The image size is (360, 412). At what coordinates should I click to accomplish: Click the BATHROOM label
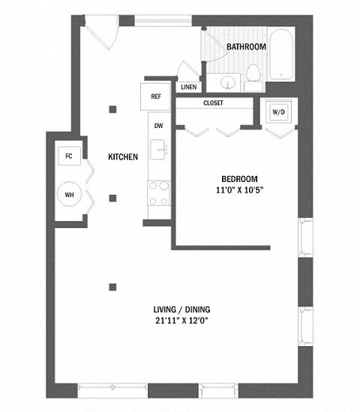247,46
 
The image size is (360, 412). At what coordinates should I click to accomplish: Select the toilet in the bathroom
253,73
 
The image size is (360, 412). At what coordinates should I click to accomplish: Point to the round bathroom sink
229,80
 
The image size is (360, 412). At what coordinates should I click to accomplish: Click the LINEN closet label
188,87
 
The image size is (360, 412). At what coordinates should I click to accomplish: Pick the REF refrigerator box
156,96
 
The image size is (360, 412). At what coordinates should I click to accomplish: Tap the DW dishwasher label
158,126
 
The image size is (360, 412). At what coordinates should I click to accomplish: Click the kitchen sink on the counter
158,150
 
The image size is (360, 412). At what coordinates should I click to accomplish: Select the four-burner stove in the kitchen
158,193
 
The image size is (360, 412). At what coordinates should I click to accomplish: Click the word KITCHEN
123,157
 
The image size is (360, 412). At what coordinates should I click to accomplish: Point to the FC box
69,156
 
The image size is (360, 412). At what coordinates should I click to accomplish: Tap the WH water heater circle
70,195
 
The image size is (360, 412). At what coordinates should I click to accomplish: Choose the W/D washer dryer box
278,112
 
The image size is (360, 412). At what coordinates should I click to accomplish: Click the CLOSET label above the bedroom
213,103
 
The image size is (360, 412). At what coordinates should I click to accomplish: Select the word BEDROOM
239,178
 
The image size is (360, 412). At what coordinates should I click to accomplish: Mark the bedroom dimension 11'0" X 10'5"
239,190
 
